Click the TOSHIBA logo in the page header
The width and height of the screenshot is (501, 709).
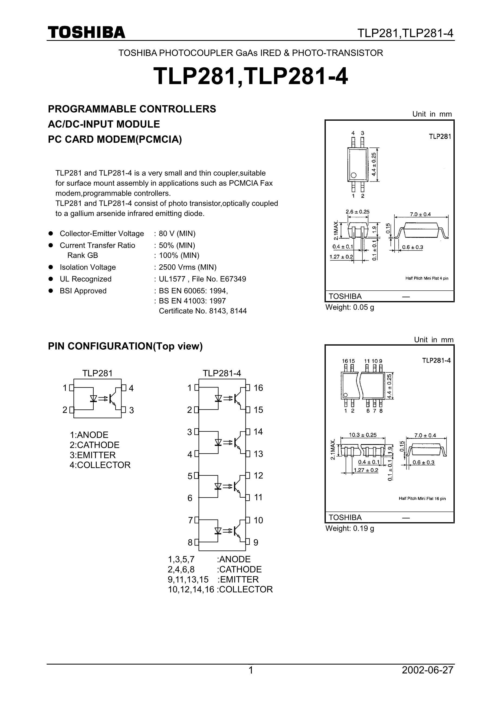pyautogui.click(x=87, y=32)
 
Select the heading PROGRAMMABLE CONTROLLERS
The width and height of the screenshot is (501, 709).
pyautogui.click(x=132, y=109)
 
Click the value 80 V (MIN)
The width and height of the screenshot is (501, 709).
pyautogui.click(x=177, y=234)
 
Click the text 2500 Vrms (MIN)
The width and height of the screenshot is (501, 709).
pyautogui.click(x=188, y=267)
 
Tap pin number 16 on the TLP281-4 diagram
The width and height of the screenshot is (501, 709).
pyautogui.click(x=258, y=388)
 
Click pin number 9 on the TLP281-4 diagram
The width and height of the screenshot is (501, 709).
pyautogui.click(x=256, y=543)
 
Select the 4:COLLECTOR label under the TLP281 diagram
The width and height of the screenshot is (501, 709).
pyautogui.click(x=100, y=465)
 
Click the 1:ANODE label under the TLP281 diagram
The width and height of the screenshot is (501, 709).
pyautogui.click(x=89, y=435)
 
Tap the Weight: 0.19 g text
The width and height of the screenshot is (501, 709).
pyautogui.click(x=350, y=528)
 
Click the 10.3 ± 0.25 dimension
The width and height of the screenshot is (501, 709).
pyautogui.click(x=363, y=435)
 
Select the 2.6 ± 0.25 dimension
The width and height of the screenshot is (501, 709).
pyautogui.click(x=357, y=212)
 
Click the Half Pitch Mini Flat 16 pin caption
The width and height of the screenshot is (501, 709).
pyautogui.click(x=422, y=498)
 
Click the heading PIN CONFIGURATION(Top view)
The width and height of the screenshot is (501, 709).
pyautogui.click(x=125, y=346)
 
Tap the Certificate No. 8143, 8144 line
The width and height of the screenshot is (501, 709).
pyautogui.click(x=203, y=311)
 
